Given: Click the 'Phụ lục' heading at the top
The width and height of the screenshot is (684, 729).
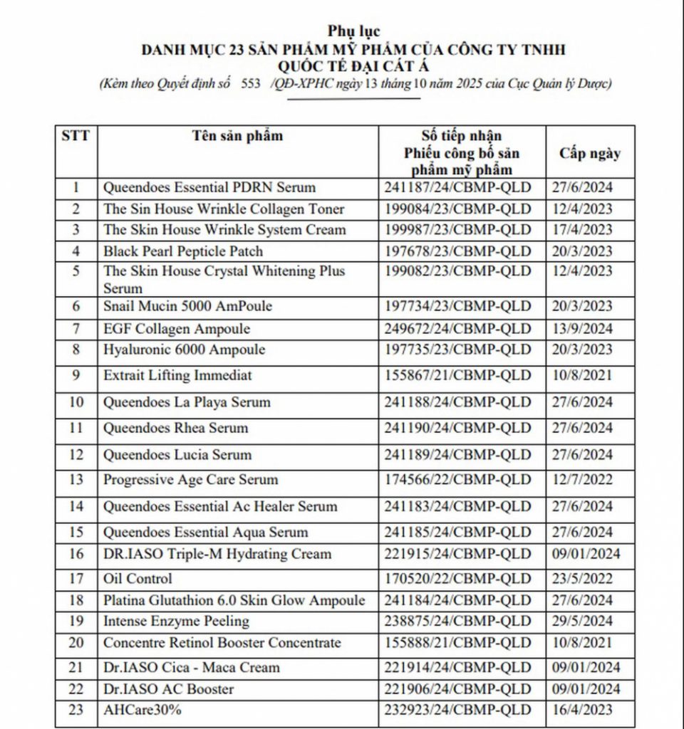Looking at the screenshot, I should coord(354,31).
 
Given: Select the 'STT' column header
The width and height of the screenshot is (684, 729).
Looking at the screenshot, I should coord(76,135).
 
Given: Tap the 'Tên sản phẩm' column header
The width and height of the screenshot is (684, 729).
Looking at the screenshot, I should coord(237,136).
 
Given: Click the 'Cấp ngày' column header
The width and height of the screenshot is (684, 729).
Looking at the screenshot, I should coord(589,153).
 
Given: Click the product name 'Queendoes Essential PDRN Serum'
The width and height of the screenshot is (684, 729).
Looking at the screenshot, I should coord(209,188).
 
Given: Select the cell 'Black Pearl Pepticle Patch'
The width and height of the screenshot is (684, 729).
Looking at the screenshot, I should coord(183,251).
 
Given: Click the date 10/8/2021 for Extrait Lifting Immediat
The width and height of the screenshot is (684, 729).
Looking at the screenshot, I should coord(582,375).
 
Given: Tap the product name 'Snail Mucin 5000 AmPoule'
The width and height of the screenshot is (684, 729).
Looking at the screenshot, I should coord(187,306).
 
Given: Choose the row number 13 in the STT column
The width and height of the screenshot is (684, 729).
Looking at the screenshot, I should coord(76,480).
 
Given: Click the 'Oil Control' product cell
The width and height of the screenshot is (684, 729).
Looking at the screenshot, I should coord(138,579).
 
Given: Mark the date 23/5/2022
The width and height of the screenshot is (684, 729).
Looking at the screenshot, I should coord(582,579).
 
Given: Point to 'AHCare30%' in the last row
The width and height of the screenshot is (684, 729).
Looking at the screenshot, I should coord(142,710).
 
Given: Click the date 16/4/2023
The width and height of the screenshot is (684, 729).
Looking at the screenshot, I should coord(582,710).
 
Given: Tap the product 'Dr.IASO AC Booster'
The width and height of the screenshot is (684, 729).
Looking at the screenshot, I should coord(168,689).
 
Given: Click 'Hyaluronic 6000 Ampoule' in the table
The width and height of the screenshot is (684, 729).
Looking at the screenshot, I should coord(184,350).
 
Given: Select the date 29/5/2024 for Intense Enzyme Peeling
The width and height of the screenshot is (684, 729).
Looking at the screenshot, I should coord(582,622).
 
